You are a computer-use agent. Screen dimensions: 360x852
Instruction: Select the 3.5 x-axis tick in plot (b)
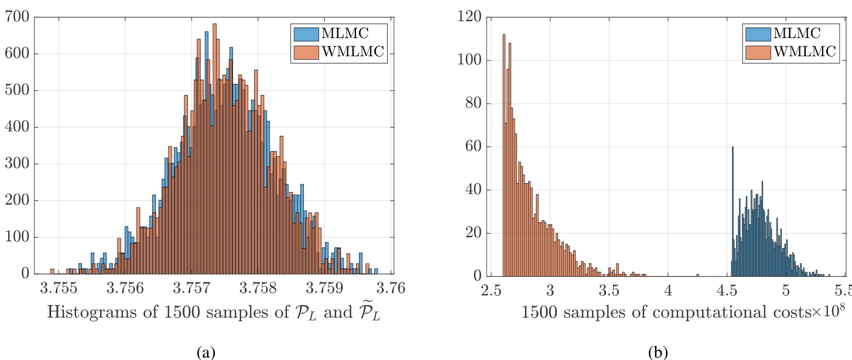(x=609, y=291)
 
